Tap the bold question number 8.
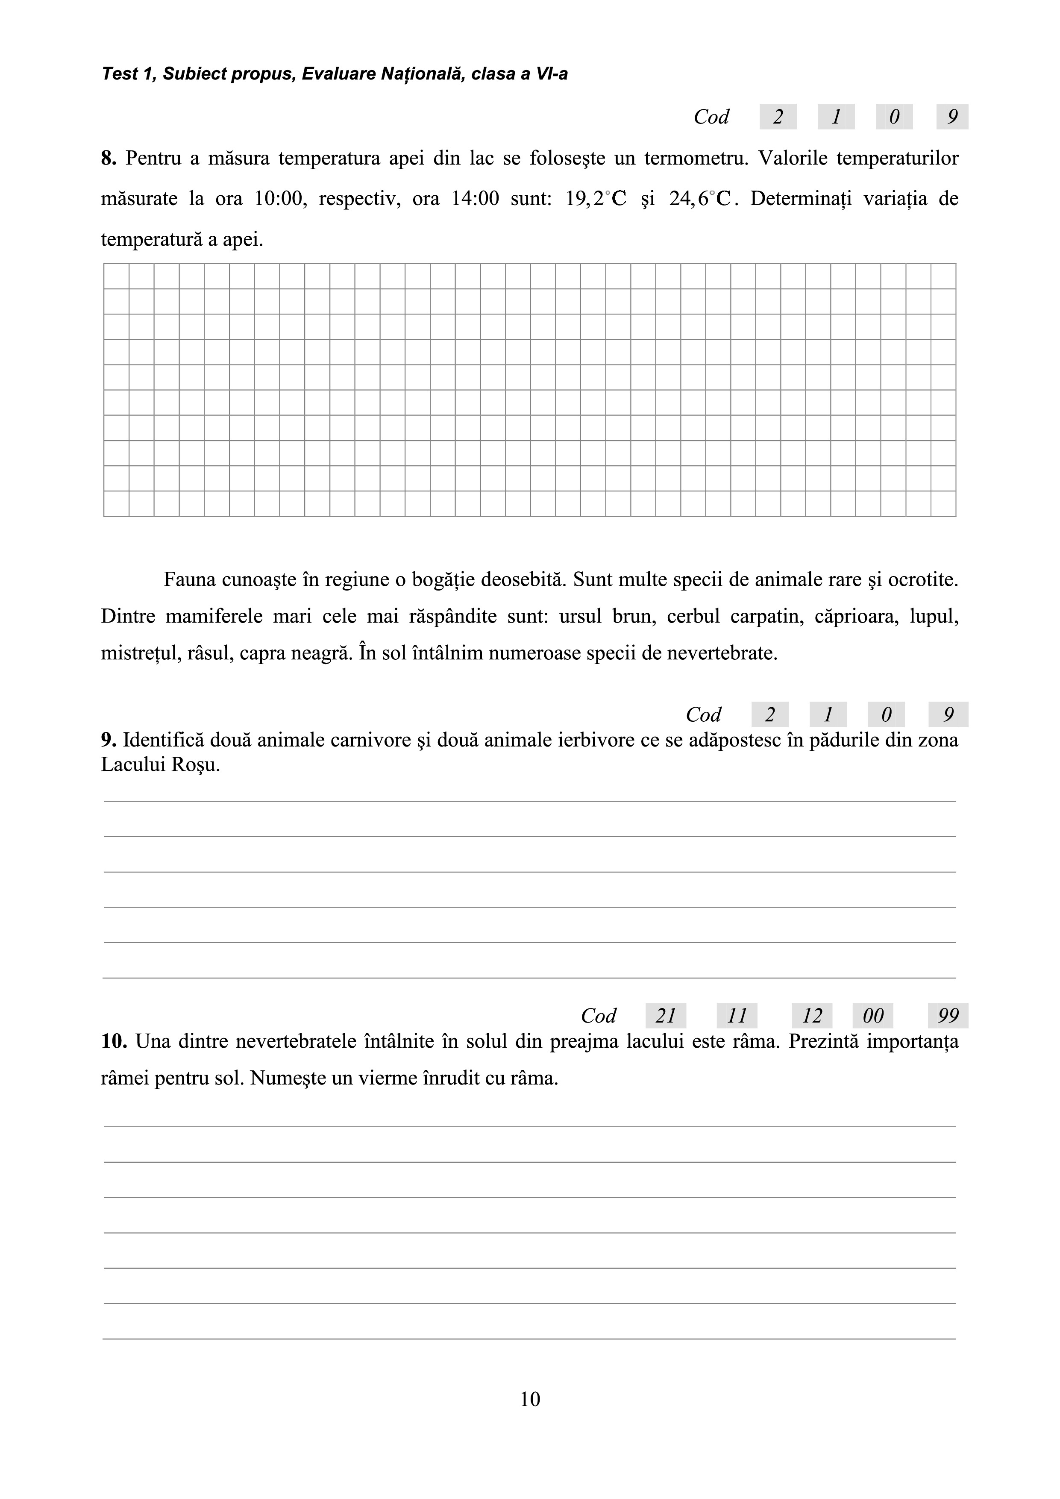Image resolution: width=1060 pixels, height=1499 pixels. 108,158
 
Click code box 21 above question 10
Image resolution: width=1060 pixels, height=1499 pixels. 666,1016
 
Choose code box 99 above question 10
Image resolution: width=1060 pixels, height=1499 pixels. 948,1016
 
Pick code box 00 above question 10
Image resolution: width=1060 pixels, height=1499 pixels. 873,1016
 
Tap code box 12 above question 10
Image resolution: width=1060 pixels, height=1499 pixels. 812,1016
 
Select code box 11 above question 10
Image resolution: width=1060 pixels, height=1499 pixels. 737,1016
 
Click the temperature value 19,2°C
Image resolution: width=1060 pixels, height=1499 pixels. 595,198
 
